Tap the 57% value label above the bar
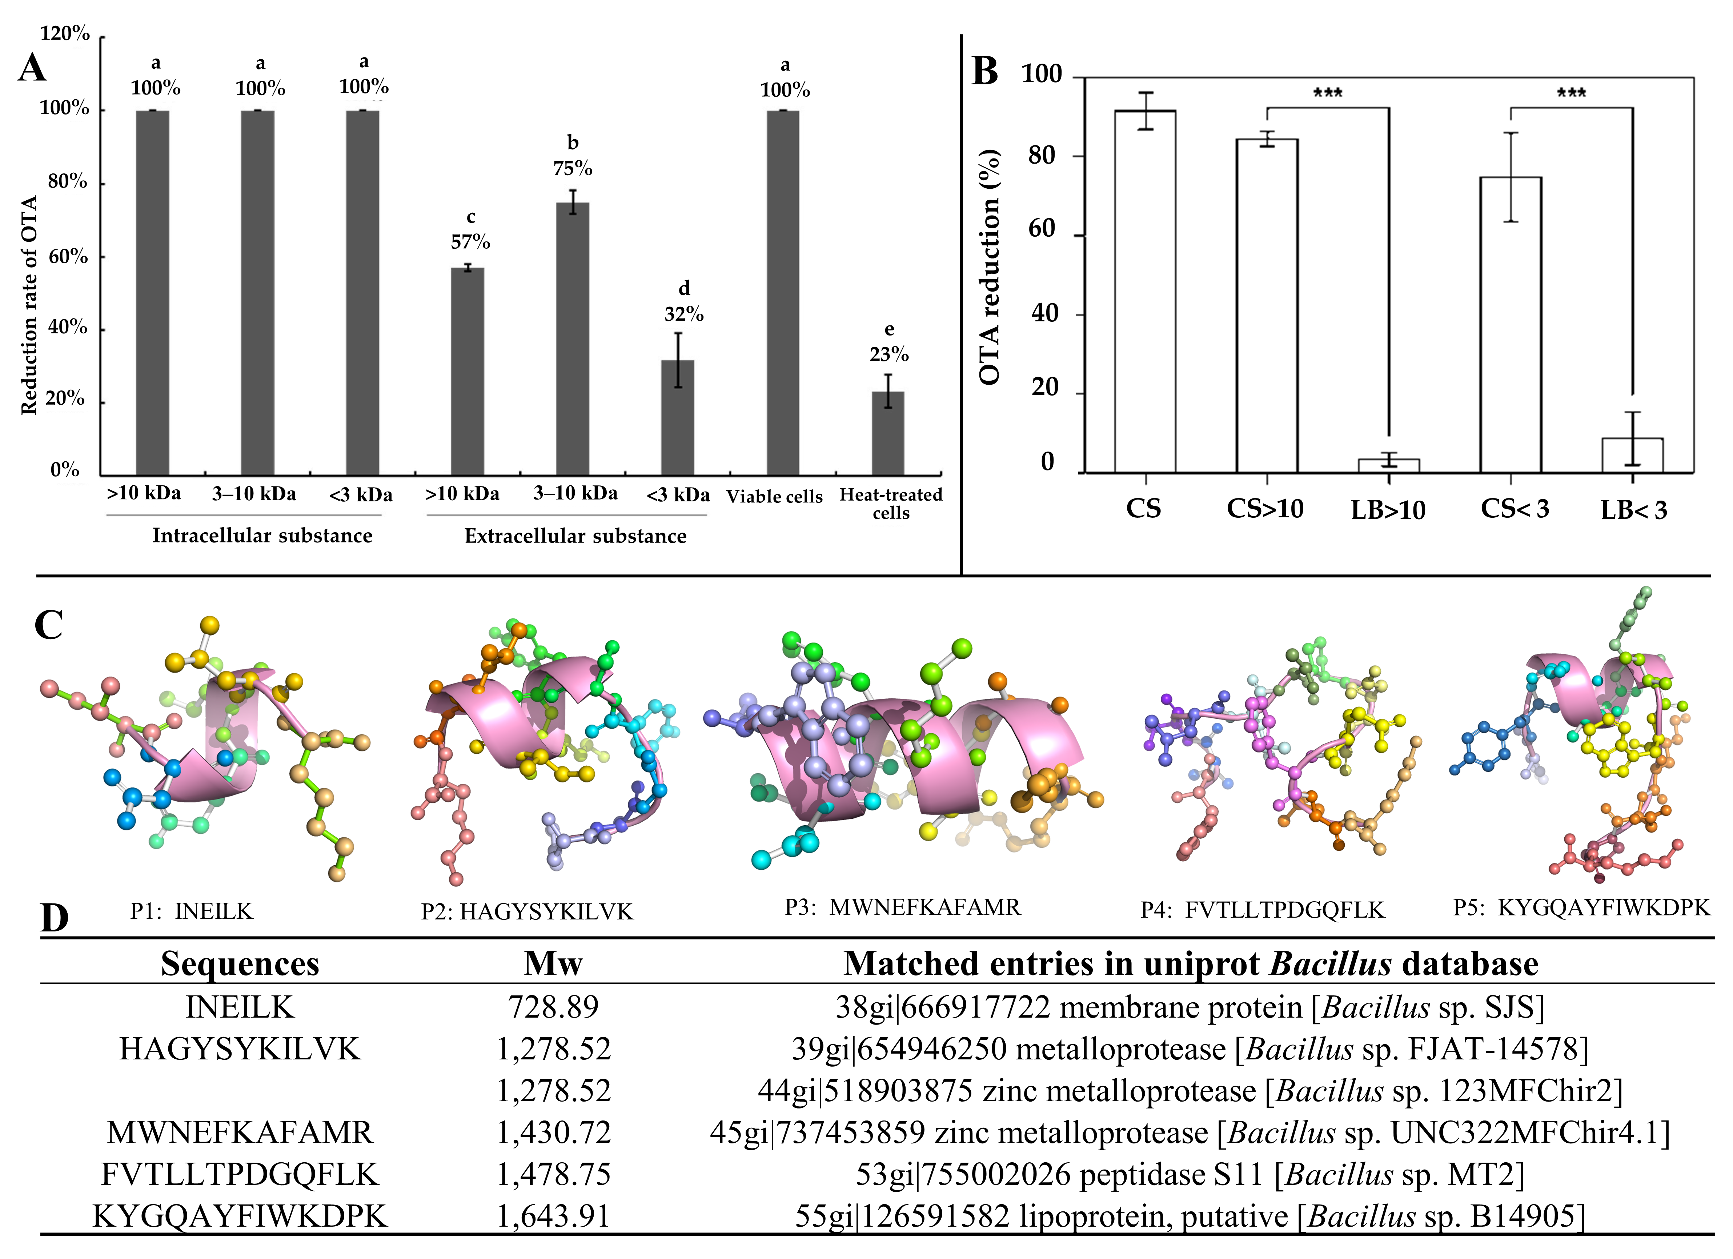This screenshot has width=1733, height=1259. (x=470, y=242)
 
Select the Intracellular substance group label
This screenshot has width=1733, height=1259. (x=262, y=536)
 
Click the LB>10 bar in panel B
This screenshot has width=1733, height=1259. (x=1388, y=466)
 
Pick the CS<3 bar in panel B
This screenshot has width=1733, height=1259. (x=1511, y=325)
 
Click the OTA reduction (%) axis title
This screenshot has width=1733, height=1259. (x=990, y=267)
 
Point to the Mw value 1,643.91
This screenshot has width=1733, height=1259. (x=553, y=1215)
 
